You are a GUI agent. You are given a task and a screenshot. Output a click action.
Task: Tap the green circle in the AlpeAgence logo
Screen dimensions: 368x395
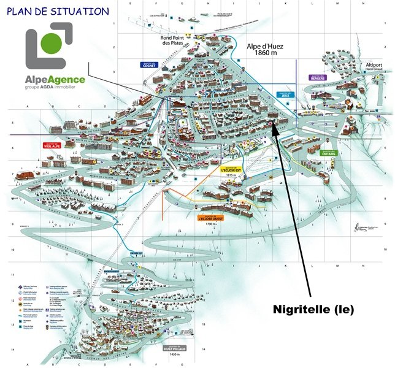[x=51, y=42]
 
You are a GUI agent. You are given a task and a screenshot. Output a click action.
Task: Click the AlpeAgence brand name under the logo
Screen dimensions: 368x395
[x=55, y=79]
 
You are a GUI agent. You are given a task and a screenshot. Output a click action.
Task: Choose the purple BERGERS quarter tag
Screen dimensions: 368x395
[x=318, y=78]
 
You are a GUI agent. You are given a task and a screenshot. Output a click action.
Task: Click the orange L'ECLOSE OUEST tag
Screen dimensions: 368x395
[x=210, y=218]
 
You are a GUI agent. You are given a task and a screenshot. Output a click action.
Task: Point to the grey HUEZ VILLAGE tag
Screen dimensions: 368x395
[x=174, y=348]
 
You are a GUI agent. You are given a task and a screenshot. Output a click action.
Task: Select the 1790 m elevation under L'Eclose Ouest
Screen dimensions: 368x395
[x=210, y=224]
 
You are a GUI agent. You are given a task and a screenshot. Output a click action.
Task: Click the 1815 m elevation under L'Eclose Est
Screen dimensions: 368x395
[x=231, y=175]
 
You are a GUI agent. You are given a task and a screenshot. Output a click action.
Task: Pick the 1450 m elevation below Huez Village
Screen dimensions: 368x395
[x=174, y=355]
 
